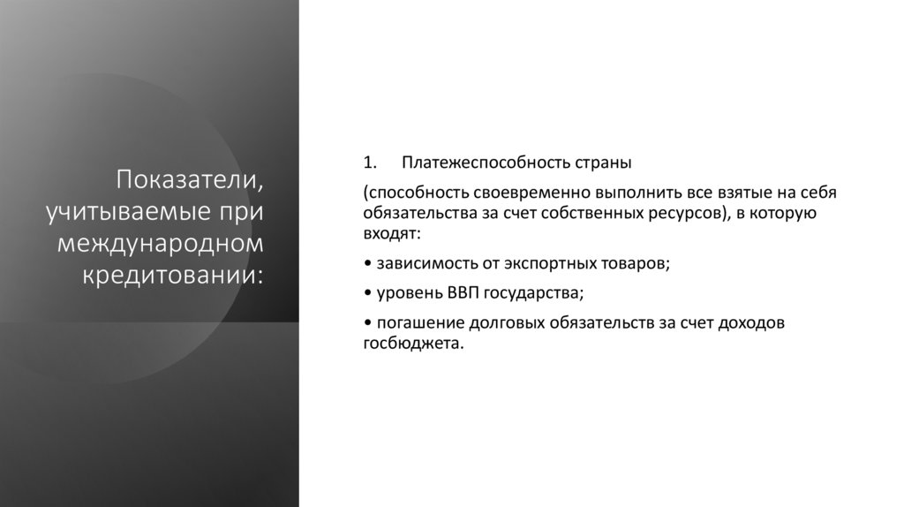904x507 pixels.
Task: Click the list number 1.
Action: click(x=370, y=163)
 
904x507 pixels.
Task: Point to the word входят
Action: click(x=390, y=234)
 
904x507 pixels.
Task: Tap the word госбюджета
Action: click(x=411, y=343)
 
